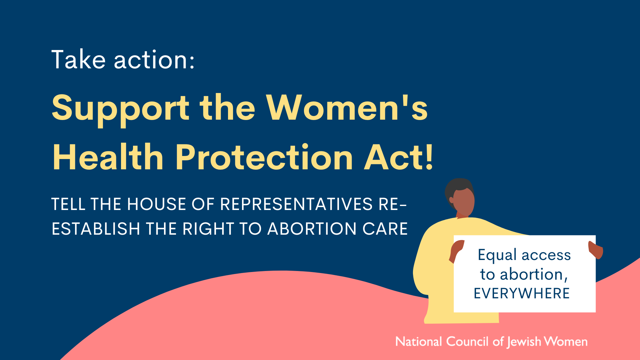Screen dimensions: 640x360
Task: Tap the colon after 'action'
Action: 192,61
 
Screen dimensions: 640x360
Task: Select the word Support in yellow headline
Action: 121,109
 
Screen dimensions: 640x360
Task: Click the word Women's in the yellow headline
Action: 347,107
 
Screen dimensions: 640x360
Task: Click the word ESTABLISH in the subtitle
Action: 96,229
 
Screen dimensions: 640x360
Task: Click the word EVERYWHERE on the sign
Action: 522,293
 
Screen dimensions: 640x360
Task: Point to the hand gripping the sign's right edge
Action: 596,250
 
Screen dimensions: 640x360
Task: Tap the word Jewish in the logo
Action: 524,342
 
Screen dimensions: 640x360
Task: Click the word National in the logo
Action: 419,342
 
